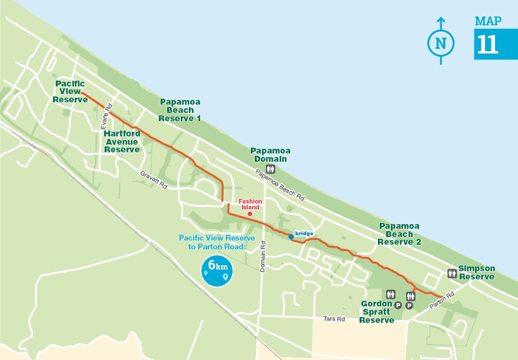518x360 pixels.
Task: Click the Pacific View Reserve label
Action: tap(70, 92)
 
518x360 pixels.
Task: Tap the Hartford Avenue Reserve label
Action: tap(122, 142)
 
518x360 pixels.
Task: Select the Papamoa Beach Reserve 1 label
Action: tap(180, 110)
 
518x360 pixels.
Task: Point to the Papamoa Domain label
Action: tap(270, 155)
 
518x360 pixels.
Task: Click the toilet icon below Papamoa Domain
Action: tap(271, 169)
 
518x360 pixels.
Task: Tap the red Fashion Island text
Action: tap(250, 204)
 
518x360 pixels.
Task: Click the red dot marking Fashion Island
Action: tap(250, 214)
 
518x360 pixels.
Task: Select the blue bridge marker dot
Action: tap(291, 236)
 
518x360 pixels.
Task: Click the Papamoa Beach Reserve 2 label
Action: tap(400, 234)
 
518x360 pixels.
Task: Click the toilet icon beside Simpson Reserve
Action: tap(452, 273)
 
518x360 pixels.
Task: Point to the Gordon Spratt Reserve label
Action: tap(377, 311)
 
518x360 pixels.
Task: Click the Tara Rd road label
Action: tap(333, 319)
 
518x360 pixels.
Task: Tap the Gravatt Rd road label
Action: tap(154, 179)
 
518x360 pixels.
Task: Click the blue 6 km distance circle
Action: tap(217, 271)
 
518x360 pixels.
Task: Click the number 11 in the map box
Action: tap(488, 45)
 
